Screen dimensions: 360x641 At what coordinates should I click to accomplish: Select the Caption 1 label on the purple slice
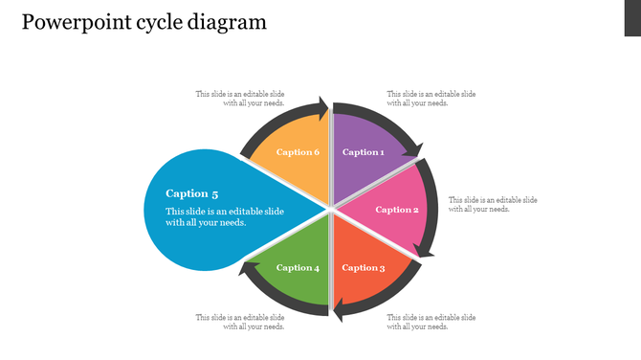[364, 152]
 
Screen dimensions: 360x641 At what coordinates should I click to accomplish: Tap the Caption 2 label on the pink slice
[396, 210]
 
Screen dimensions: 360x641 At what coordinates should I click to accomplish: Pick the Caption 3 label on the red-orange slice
[364, 268]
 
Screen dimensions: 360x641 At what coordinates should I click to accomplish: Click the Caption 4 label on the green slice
[298, 268]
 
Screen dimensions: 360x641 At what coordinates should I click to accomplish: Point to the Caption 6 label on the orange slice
[298, 152]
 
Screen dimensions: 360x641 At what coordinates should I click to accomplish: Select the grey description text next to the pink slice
[493, 204]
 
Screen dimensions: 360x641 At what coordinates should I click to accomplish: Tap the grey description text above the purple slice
[431, 99]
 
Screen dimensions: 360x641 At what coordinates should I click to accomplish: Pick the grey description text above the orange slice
[240, 99]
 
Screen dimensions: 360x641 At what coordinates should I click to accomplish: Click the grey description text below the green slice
[240, 322]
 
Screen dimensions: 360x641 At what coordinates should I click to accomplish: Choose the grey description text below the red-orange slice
[431, 322]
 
